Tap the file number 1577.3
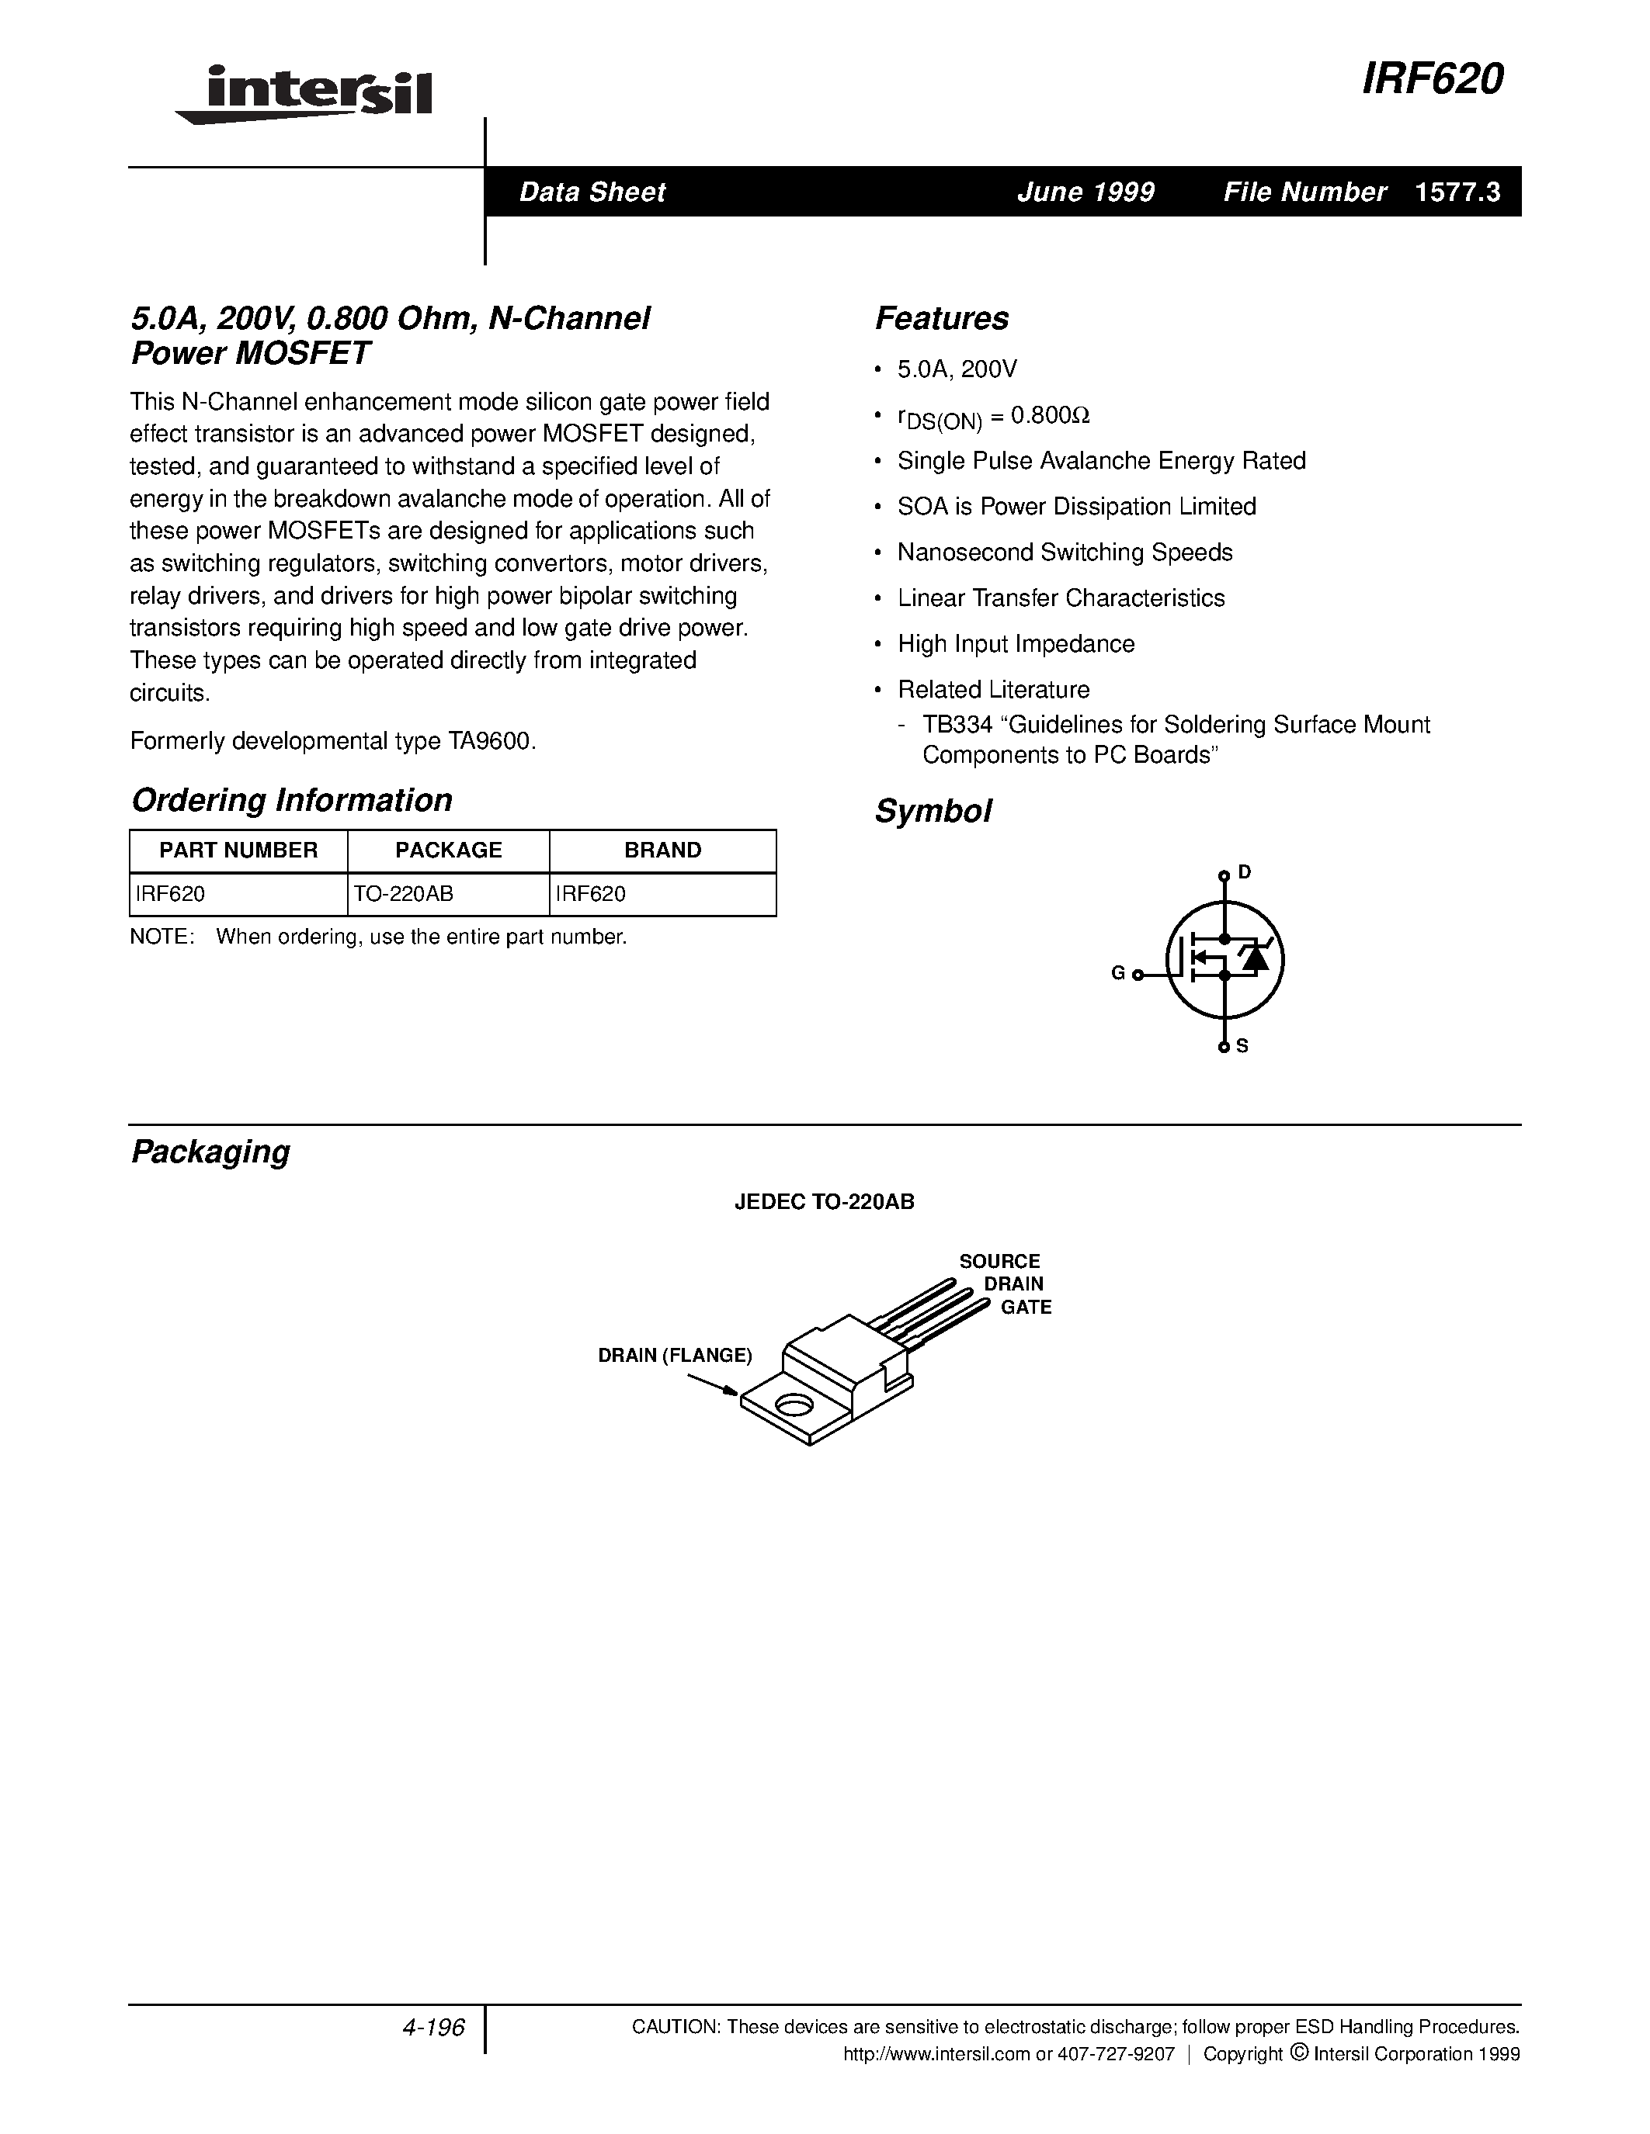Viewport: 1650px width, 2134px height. coord(1457,192)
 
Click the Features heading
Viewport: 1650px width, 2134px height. coord(941,318)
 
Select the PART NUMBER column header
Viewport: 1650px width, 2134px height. coord(238,850)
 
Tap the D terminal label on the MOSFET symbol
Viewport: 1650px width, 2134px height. coord(1245,871)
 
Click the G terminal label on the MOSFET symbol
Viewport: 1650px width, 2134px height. coord(1118,973)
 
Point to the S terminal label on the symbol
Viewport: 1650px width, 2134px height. coord(1242,1045)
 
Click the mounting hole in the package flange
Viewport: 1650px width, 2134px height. coord(793,1406)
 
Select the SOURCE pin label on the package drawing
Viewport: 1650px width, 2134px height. coord(999,1262)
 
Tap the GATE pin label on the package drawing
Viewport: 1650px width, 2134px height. coord(1026,1308)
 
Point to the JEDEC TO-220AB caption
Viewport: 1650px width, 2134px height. coord(824,1202)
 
